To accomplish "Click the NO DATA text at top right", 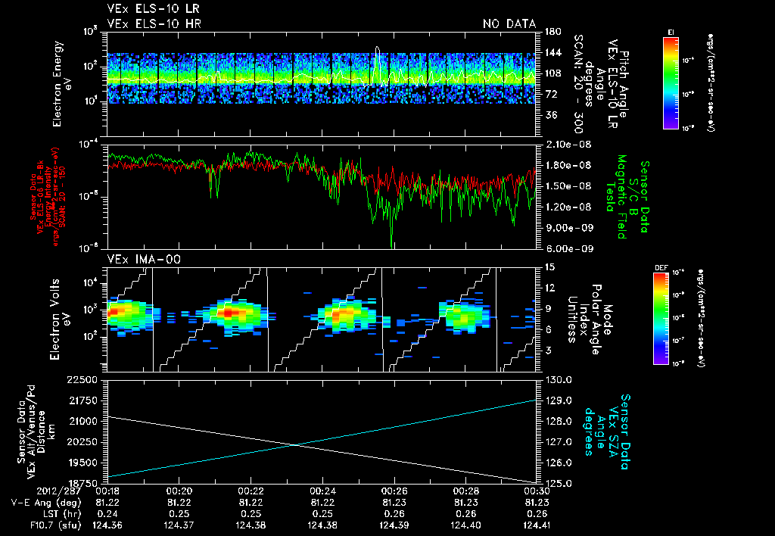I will tap(509, 23).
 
